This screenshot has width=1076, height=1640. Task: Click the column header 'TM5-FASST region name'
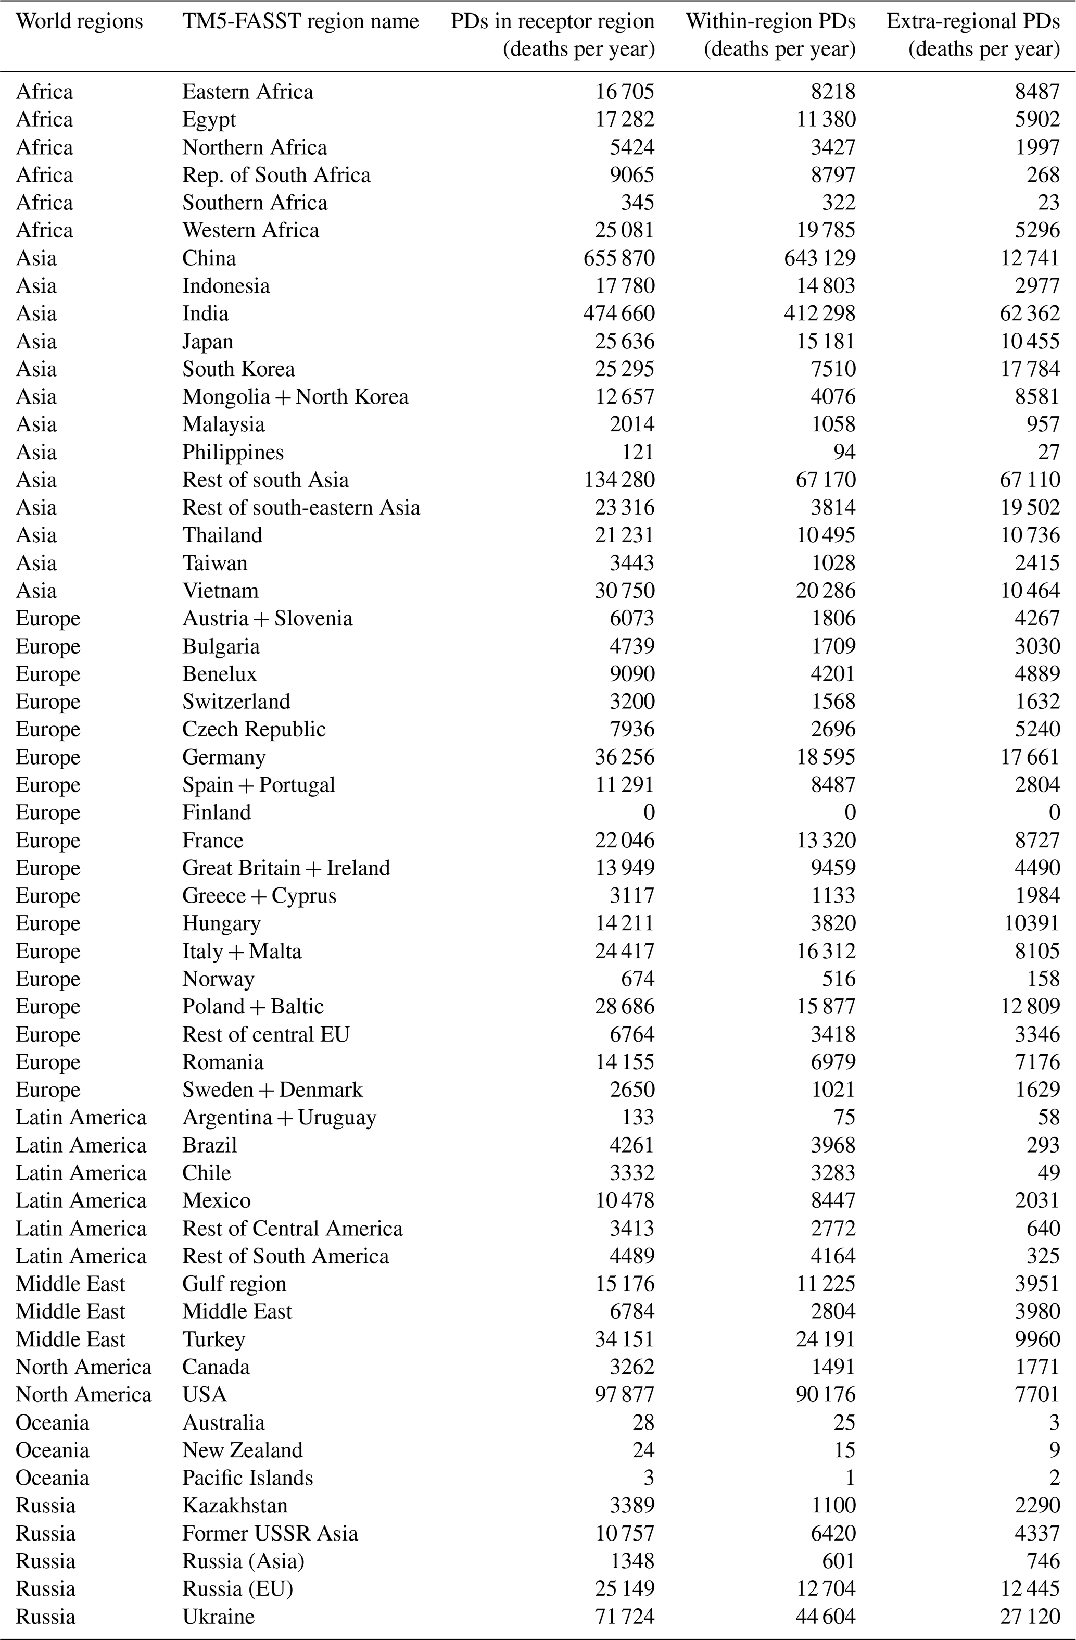[x=300, y=21]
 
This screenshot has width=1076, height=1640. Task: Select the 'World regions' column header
[x=79, y=21]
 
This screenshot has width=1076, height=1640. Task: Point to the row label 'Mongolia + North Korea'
[x=295, y=397]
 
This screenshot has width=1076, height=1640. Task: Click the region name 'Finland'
[x=217, y=812]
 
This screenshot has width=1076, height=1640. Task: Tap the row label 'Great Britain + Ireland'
[x=286, y=868]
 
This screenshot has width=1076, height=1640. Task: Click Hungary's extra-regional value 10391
[x=1031, y=923]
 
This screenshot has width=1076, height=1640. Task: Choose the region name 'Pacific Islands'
[x=247, y=1478]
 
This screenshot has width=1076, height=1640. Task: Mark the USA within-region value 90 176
[x=825, y=1394]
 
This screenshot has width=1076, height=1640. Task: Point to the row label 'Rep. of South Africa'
[x=276, y=175]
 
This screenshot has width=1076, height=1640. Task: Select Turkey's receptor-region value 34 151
[x=624, y=1339]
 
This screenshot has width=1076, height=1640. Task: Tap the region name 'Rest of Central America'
[x=292, y=1228]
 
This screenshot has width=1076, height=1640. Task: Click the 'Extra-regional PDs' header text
[x=973, y=21]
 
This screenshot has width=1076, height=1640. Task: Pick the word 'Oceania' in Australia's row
[x=53, y=1422]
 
